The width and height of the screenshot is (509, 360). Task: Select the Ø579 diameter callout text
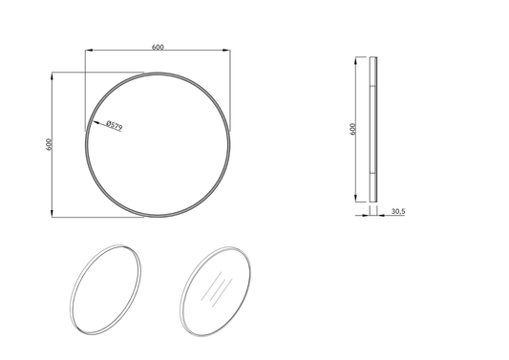(113, 124)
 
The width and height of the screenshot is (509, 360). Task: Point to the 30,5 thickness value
(398, 211)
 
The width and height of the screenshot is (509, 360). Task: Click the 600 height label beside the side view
(352, 130)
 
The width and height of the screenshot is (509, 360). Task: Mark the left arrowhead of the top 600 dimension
(88, 53)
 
